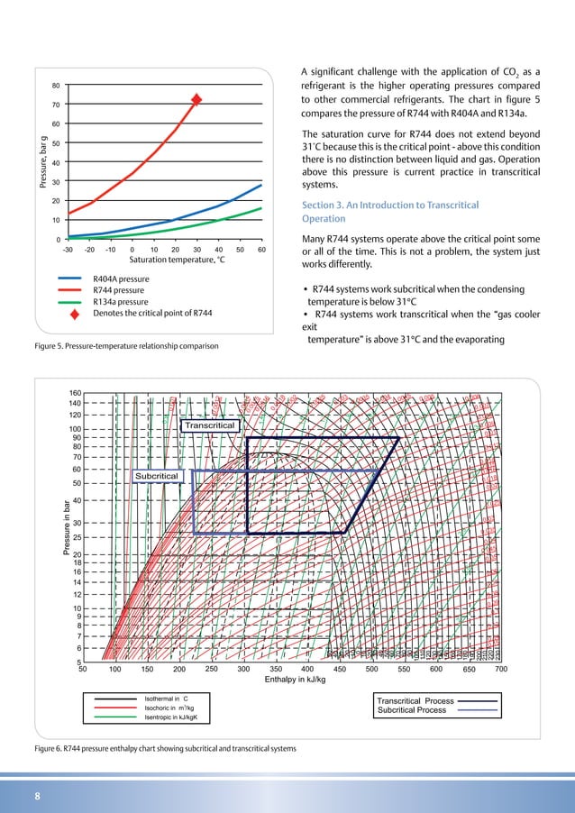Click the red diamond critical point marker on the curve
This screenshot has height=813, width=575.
[196, 99]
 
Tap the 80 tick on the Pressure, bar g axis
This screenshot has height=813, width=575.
[56, 86]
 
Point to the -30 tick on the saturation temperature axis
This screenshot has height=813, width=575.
[68, 250]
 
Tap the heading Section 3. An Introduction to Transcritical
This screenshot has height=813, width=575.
[389, 206]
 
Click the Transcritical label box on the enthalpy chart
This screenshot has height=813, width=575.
[210, 425]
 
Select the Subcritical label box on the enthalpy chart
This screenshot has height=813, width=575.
[158, 475]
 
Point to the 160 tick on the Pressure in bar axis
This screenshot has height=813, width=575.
[75, 393]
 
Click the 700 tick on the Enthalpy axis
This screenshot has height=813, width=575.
[502, 669]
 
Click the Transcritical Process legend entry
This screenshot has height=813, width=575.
[415, 700]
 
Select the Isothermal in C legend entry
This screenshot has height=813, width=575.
[167, 699]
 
